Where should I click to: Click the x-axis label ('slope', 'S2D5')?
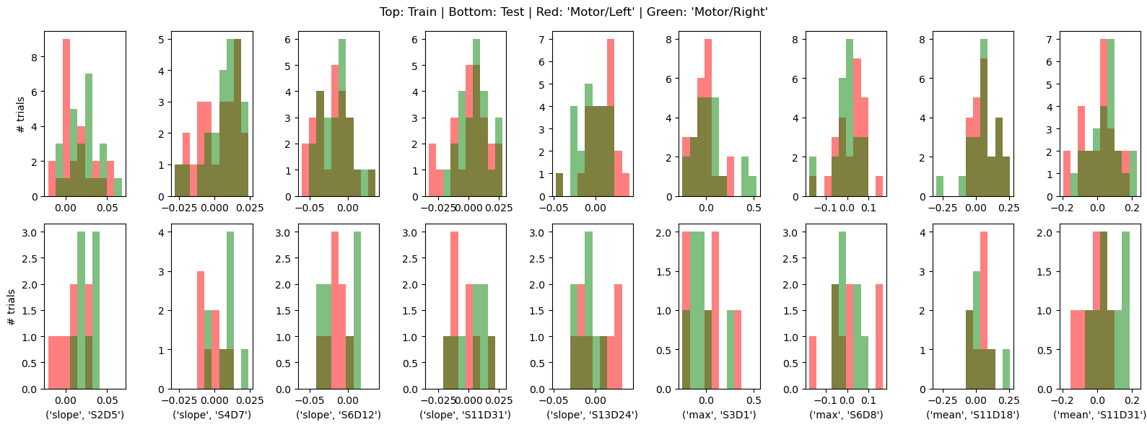tap(84, 415)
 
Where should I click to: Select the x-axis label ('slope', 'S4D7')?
tap(211, 415)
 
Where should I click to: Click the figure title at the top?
tap(573, 12)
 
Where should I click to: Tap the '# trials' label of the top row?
tap(20, 113)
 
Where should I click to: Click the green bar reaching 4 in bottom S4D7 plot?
tap(230, 310)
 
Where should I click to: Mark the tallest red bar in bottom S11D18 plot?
tap(984, 310)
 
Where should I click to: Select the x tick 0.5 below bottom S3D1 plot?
tap(752, 400)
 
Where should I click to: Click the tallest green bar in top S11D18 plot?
tap(984, 115)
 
